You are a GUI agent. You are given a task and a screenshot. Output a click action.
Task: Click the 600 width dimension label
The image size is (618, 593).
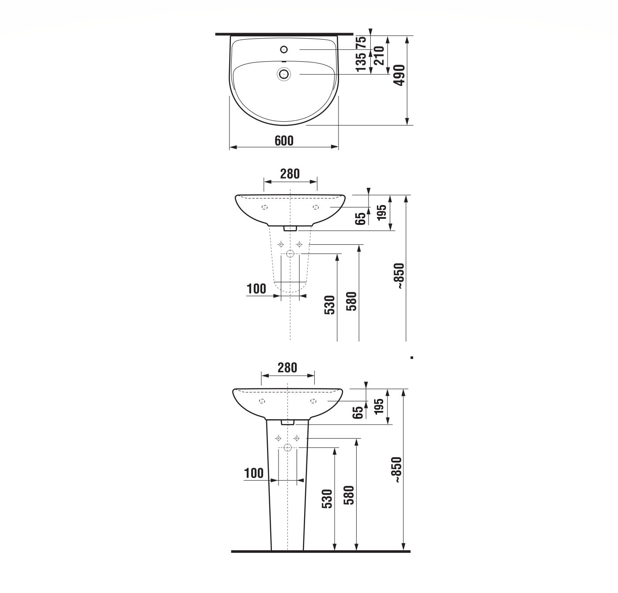tap(284, 141)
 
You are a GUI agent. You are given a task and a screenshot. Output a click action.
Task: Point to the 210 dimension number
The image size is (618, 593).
tap(379, 56)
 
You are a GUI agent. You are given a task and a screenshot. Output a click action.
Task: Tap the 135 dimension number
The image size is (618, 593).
tap(361, 62)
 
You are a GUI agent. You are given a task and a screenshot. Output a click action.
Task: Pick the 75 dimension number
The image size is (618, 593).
tap(361, 42)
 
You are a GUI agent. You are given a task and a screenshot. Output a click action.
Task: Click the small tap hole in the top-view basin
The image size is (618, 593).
tap(284, 49)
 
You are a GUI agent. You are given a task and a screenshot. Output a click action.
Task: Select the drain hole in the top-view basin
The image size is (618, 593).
tap(283, 74)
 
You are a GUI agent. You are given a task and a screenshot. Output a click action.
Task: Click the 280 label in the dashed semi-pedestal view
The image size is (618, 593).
tap(290, 174)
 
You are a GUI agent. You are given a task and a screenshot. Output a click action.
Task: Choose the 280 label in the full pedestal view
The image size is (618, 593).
tap(287, 368)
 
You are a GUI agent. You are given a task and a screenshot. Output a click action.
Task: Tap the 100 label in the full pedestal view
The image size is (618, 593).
tap(254, 473)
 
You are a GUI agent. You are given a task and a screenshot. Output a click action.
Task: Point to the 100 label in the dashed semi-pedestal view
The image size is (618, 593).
tap(256, 289)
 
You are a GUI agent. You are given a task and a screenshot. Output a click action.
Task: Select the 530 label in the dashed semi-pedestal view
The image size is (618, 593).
tap(330, 305)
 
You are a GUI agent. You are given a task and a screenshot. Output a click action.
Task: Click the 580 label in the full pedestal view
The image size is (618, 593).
tap(349, 495)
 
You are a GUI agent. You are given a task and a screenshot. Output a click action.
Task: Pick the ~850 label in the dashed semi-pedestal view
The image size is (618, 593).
tap(399, 276)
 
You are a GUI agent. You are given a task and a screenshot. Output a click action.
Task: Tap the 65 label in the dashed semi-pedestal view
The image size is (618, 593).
tap(361, 218)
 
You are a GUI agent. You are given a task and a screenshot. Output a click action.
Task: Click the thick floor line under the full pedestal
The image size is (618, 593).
tap(320, 552)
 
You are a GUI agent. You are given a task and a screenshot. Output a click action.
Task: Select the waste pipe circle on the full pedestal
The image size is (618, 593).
tap(288, 448)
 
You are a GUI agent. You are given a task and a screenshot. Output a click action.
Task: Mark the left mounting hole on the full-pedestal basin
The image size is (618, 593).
tap(262, 401)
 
